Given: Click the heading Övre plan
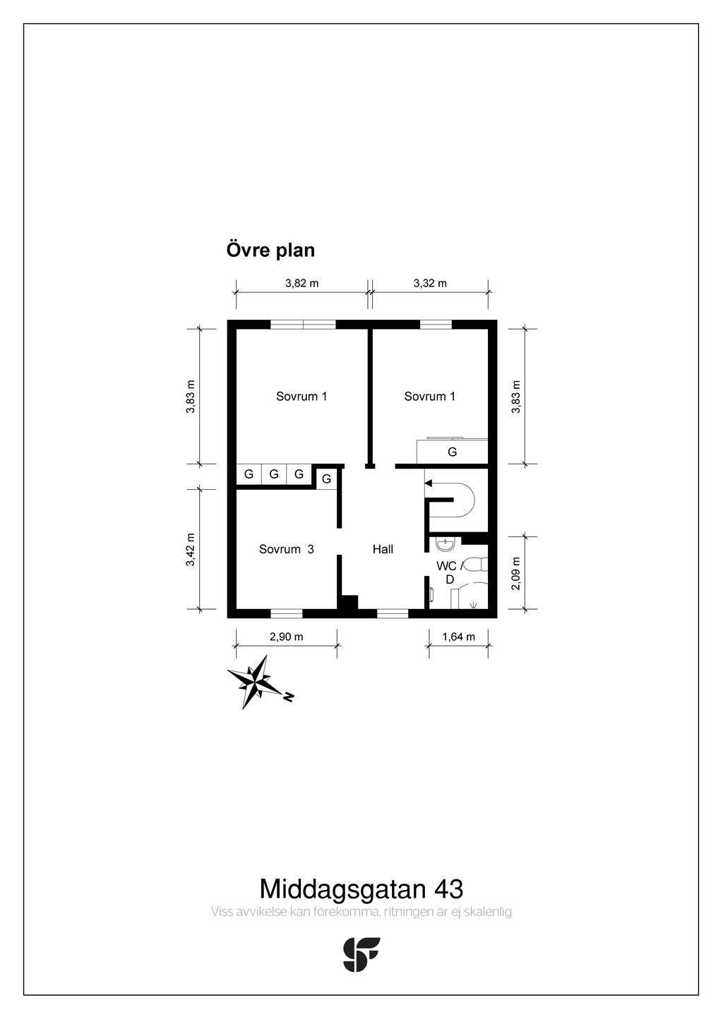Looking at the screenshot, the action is (x=270, y=250).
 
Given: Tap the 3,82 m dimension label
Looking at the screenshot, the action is (x=301, y=283).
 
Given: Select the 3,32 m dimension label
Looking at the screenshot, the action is (x=430, y=283).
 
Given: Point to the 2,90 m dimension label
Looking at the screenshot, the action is (x=286, y=637).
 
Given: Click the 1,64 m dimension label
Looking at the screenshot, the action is (x=458, y=637).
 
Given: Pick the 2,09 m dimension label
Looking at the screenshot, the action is (x=515, y=573).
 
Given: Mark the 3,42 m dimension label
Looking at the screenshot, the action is (x=190, y=549).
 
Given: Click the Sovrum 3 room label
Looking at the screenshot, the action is (x=286, y=549).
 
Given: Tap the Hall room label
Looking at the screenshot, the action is (x=383, y=549).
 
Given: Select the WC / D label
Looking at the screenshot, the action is (x=449, y=572).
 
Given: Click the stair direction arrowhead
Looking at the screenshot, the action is (x=428, y=483).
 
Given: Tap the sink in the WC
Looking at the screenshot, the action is (x=443, y=544).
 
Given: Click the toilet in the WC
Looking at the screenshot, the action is (x=479, y=565).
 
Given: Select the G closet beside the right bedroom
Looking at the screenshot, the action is (x=453, y=452).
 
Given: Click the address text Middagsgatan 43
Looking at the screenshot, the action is (x=361, y=889).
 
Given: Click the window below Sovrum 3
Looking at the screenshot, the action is (x=287, y=613).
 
